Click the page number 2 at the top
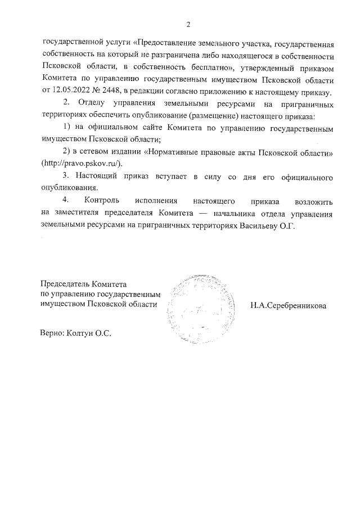[188, 24]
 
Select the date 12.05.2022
[71, 92]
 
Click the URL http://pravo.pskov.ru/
[81, 163]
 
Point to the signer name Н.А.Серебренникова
[288, 305]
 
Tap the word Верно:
[52, 333]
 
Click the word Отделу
[92, 105]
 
